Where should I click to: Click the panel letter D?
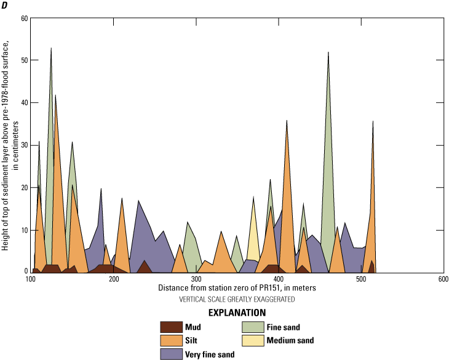pyautogui.click(x=6, y=6)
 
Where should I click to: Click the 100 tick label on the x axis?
pyautogui.click(x=31, y=279)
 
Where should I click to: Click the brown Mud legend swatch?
pyautogui.click(x=172, y=327)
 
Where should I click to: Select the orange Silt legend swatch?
pyautogui.click(x=172, y=340)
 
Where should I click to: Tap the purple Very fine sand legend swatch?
pyautogui.click(x=172, y=354)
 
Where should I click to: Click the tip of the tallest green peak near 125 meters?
pyautogui.click(x=51, y=48)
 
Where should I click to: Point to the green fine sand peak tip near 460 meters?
pyautogui.click(x=328, y=52)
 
